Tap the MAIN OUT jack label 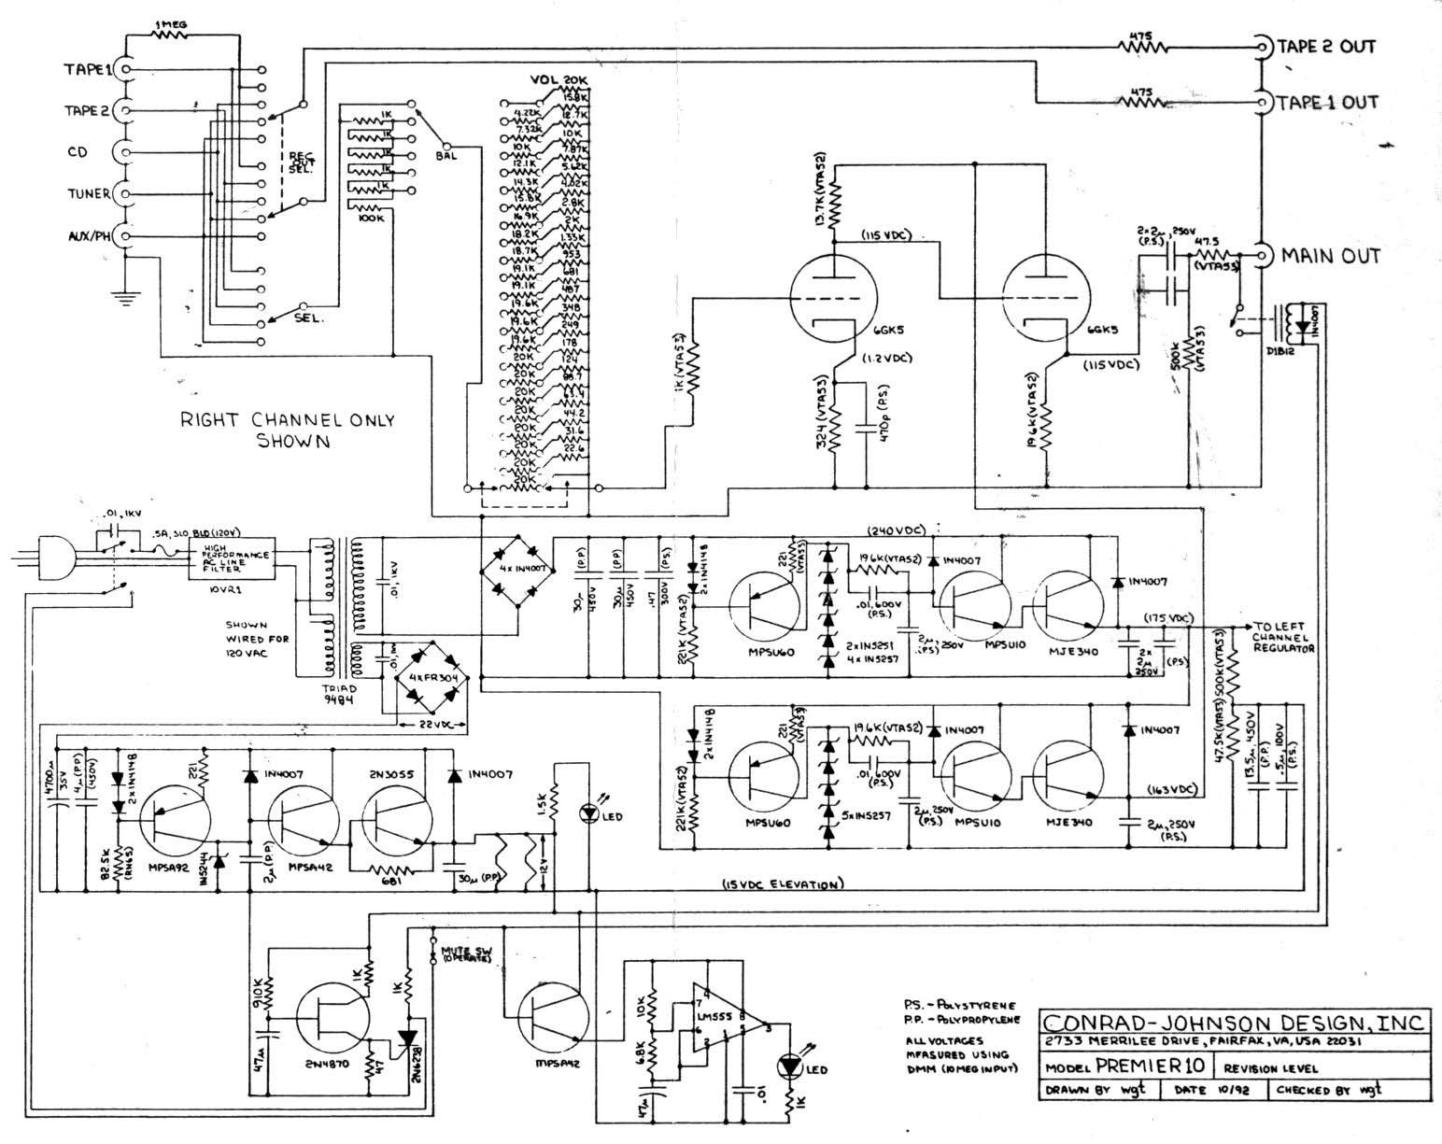coord(1330,255)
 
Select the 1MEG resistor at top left coord(169,31)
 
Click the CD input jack coord(122,152)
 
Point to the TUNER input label coord(87,194)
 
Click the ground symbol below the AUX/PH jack coord(122,297)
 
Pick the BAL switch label coord(445,155)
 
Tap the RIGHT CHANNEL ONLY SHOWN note coord(288,430)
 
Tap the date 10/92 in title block coord(1219,1090)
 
